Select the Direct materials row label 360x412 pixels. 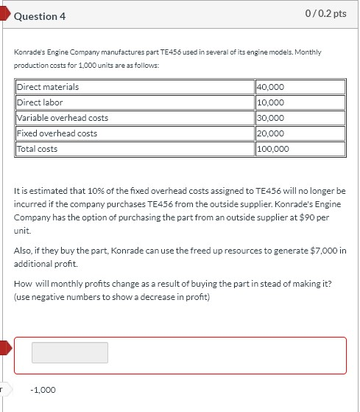tap(48, 87)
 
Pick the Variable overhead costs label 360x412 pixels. tap(63, 118)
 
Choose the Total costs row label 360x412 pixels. tap(37, 149)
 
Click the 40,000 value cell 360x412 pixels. tap(270, 87)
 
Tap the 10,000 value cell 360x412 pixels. tap(270, 102)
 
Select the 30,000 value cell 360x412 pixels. tap(270, 118)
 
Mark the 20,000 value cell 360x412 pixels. tap(270, 133)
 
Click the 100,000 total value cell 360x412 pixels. tap(273, 149)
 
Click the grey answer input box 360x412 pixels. tap(70, 352)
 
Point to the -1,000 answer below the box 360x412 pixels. tap(43, 390)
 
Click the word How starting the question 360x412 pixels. tap(24, 285)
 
